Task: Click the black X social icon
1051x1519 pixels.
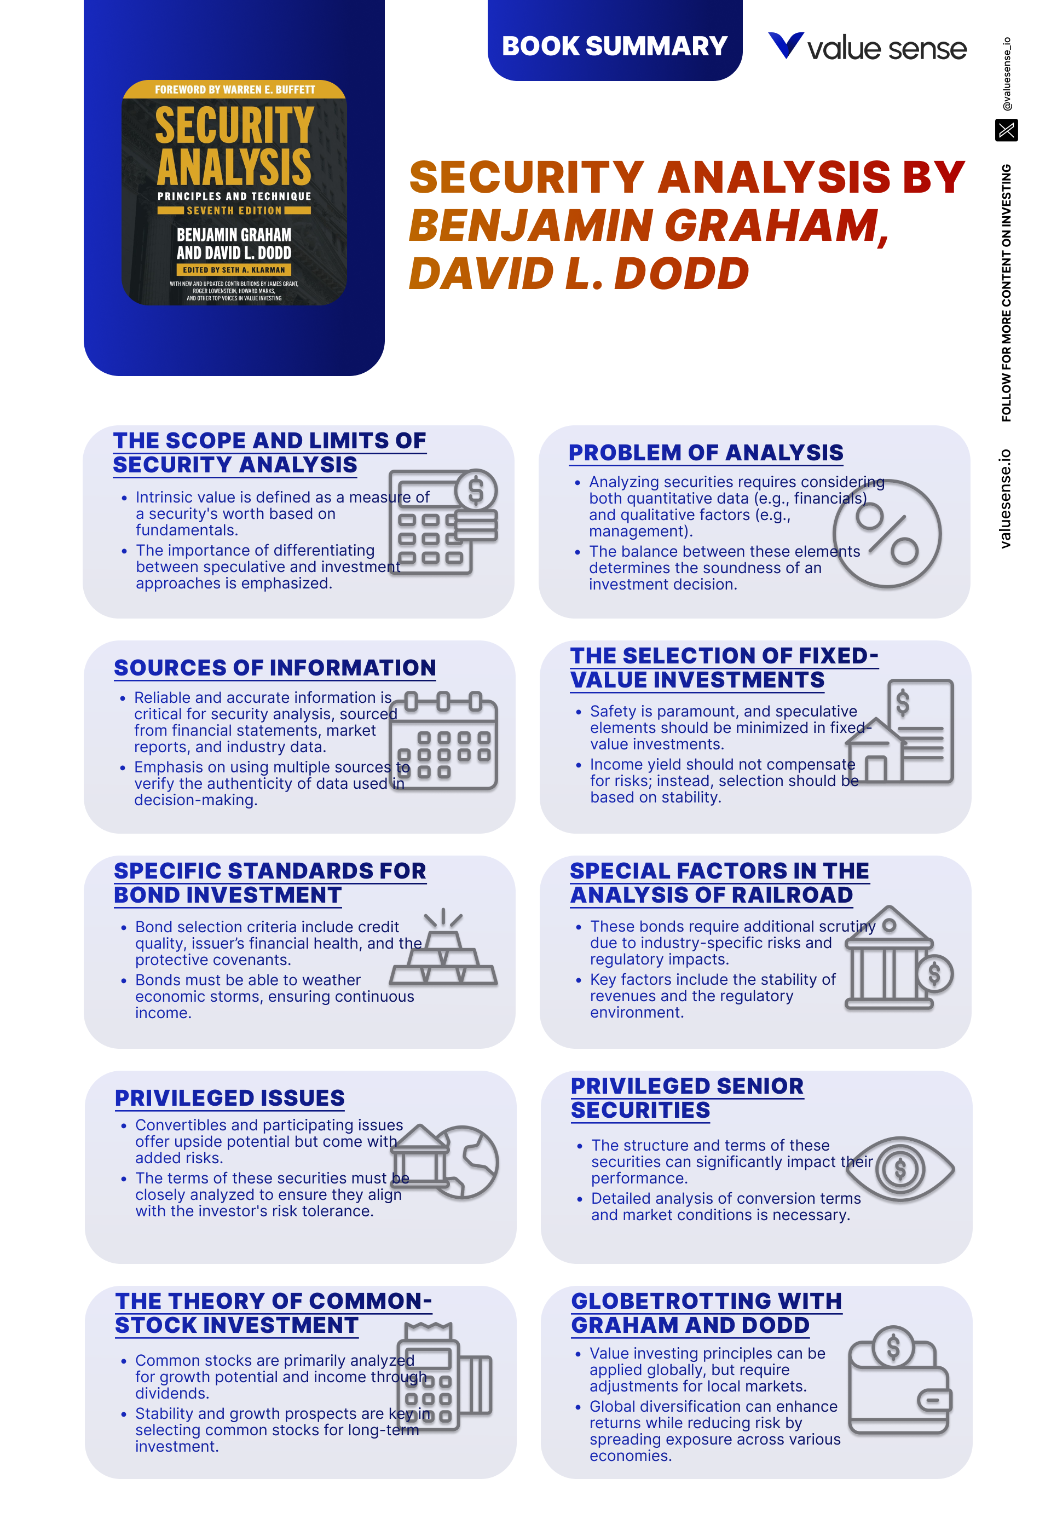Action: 1006,130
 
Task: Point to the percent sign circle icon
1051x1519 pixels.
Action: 886,533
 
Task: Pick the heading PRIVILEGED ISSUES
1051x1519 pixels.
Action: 229,1098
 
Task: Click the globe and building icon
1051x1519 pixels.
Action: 445,1162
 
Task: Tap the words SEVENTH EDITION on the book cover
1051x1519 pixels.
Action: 234,211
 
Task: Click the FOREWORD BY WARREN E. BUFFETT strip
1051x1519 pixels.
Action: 234,90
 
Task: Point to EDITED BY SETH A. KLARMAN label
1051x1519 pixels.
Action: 234,270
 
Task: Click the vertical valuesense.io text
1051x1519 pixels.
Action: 1004,499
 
